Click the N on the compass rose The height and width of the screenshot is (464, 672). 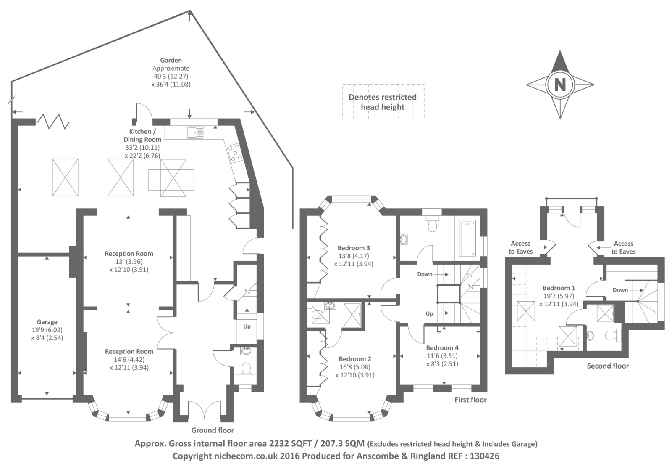pos(560,85)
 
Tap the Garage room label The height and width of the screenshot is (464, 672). pos(47,322)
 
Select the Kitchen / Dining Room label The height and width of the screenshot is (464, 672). pos(142,135)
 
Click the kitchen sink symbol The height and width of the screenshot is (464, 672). pos(195,132)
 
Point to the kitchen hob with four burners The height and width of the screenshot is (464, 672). pos(234,153)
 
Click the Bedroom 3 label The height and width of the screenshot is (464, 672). pos(354,248)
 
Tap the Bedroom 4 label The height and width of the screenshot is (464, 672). pos(442,348)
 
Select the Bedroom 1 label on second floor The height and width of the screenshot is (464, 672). pos(559,288)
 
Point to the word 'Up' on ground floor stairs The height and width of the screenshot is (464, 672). pos(247,326)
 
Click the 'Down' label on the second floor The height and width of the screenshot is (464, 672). pos(620,290)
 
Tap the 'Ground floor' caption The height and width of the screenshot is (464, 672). pos(213,430)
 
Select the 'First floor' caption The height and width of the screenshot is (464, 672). pos(470,400)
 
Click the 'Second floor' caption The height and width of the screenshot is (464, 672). pos(608,366)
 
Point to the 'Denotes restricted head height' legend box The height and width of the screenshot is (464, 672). pos(383,102)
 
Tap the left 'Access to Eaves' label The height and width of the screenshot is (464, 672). pos(520,247)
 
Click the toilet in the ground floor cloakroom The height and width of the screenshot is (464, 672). pos(246,368)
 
